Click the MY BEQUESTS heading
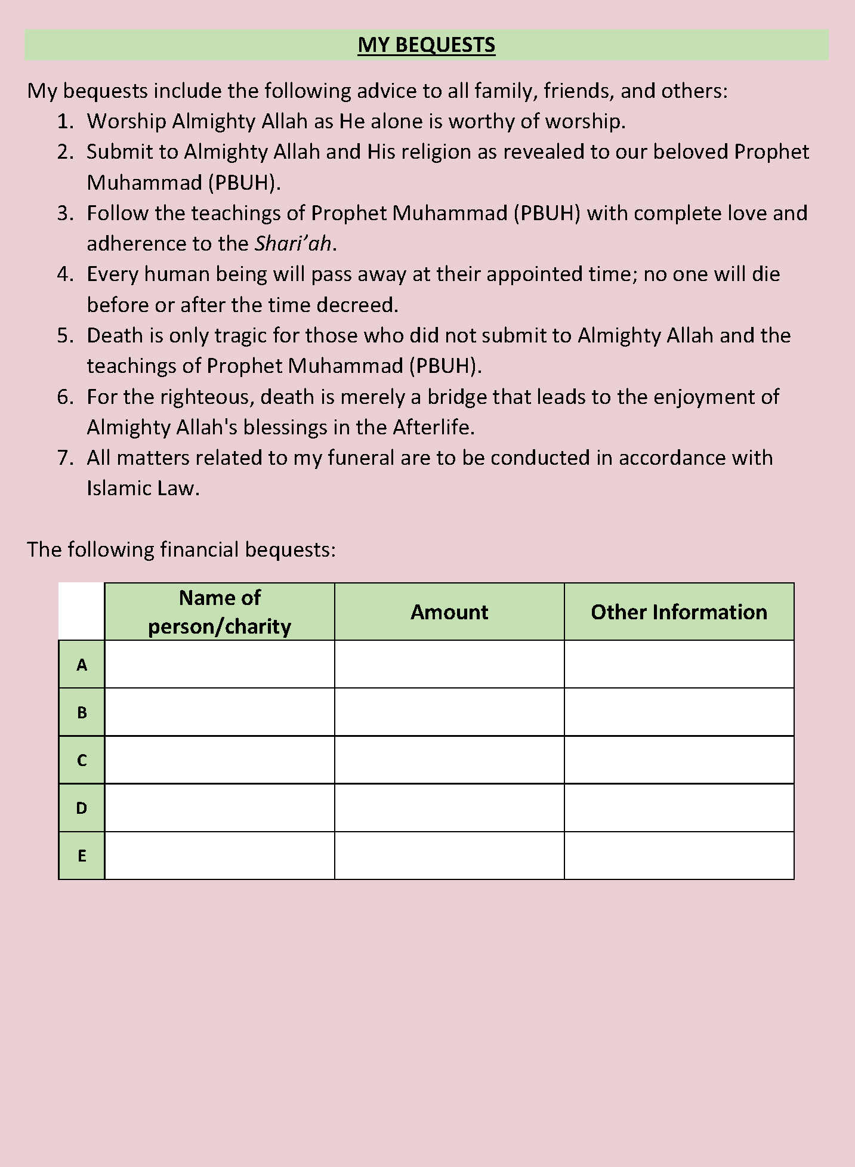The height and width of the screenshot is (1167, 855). point(426,45)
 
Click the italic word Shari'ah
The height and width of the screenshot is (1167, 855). point(293,243)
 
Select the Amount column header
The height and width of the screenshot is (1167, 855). point(449,612)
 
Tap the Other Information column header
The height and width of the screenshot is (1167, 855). point(679,612)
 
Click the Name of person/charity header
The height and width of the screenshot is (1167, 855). point(220,612)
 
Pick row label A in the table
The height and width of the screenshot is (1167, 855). point(82,665)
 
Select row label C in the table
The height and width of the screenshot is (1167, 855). point(82,760)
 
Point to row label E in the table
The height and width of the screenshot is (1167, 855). point(82,856)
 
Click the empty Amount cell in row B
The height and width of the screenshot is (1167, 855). point(449,712)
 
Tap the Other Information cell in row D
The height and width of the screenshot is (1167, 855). point(679,808)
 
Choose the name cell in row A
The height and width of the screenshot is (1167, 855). point(220,665)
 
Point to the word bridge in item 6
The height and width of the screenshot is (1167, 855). point(456,397)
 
